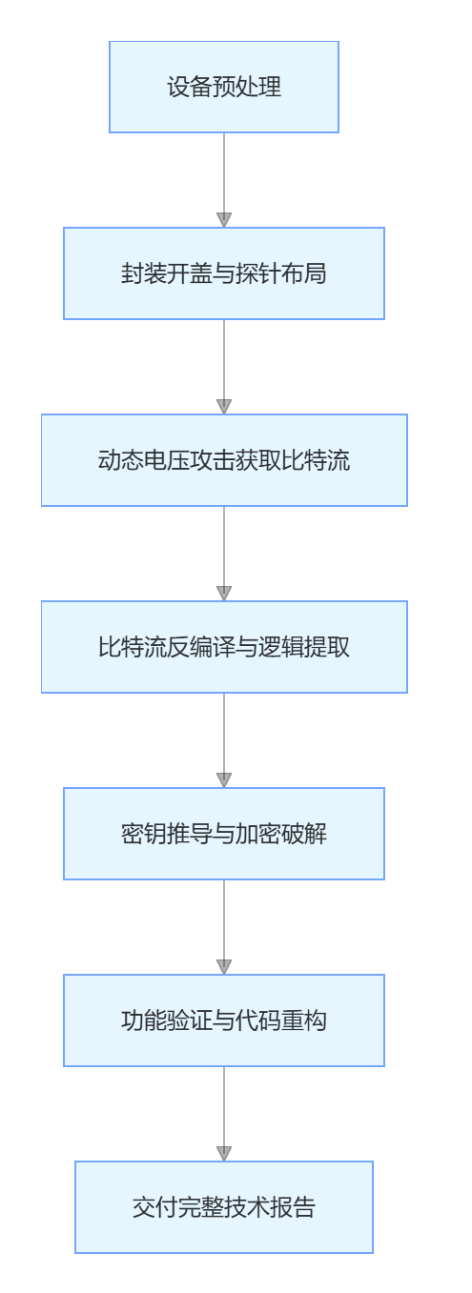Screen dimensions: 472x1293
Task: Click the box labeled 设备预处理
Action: tap(223, 87)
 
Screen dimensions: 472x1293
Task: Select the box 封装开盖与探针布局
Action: tap(223, 273)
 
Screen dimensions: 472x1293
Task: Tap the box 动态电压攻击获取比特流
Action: tap(223, 460)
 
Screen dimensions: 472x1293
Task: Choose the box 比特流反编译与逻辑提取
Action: tap(223, 647)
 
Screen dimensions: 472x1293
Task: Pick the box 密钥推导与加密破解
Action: tap(223, 834)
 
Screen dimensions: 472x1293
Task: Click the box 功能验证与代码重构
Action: tap(223, 1020)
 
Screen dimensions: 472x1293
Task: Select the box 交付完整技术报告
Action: tap(223, 1207)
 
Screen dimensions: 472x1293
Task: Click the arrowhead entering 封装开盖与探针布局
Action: tap(223, 220)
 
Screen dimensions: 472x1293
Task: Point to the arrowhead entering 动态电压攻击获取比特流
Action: tap(223, 406)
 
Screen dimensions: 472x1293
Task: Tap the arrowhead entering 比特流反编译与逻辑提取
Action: tap(223, 594)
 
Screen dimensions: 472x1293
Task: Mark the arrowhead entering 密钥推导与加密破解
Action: tap(223, 779)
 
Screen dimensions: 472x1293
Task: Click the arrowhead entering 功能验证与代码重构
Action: tap(223, 967)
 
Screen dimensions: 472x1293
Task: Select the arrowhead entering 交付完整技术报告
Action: tap(223, 1153)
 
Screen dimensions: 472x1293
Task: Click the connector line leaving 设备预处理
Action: tap(223, 173)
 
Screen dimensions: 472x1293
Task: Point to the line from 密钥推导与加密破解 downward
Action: tap(223, 920)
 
